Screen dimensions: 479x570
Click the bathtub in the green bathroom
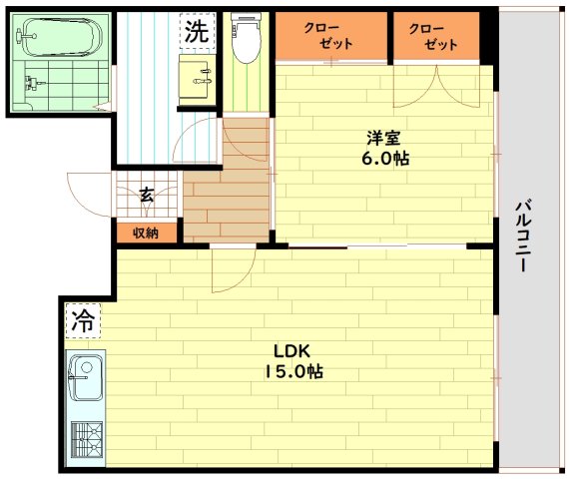60,37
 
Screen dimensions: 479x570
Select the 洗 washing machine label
197,31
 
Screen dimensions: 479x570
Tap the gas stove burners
87,440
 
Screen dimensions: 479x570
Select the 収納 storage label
146,233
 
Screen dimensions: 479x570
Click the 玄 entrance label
146,195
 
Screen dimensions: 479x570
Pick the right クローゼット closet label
433,36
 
